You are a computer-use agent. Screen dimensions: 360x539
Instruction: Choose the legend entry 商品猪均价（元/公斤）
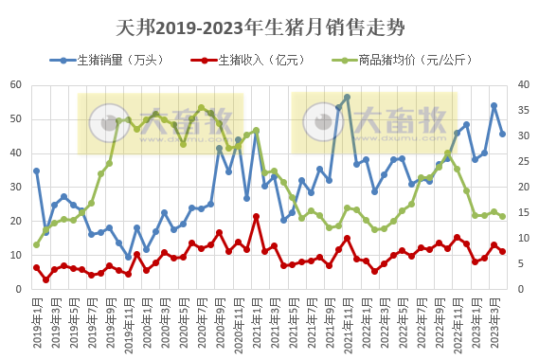[x=398, y=60]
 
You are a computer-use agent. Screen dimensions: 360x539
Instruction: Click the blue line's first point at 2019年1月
[x=36, y=171]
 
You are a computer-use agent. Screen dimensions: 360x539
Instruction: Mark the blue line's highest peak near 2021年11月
[x=347, y=97]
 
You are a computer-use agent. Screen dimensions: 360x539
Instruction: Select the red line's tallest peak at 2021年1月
[x=256, y=216]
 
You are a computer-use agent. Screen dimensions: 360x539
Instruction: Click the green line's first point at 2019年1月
[x=36, y=244]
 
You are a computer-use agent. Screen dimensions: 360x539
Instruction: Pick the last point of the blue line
[x=503, y=134]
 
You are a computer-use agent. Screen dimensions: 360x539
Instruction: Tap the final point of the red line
[x=503, y=251]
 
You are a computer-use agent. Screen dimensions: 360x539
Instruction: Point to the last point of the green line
[x=503, y=216]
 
